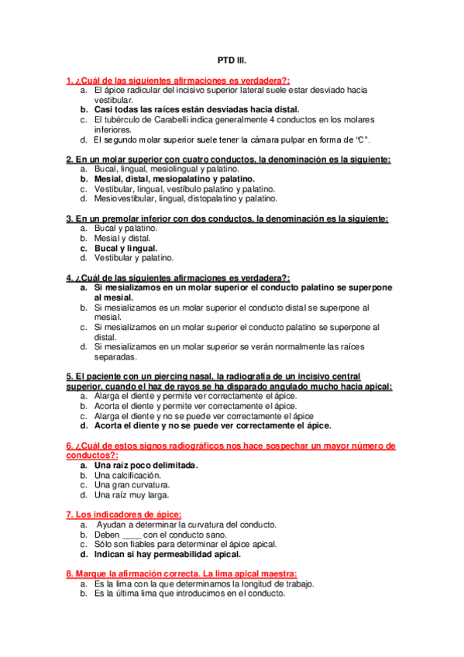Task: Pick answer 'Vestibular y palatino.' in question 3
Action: tap(134, 258)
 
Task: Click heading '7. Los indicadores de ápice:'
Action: tap(125, 514)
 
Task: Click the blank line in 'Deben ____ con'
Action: tap(132, 535)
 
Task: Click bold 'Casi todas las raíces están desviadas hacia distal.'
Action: tap(197, 110)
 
